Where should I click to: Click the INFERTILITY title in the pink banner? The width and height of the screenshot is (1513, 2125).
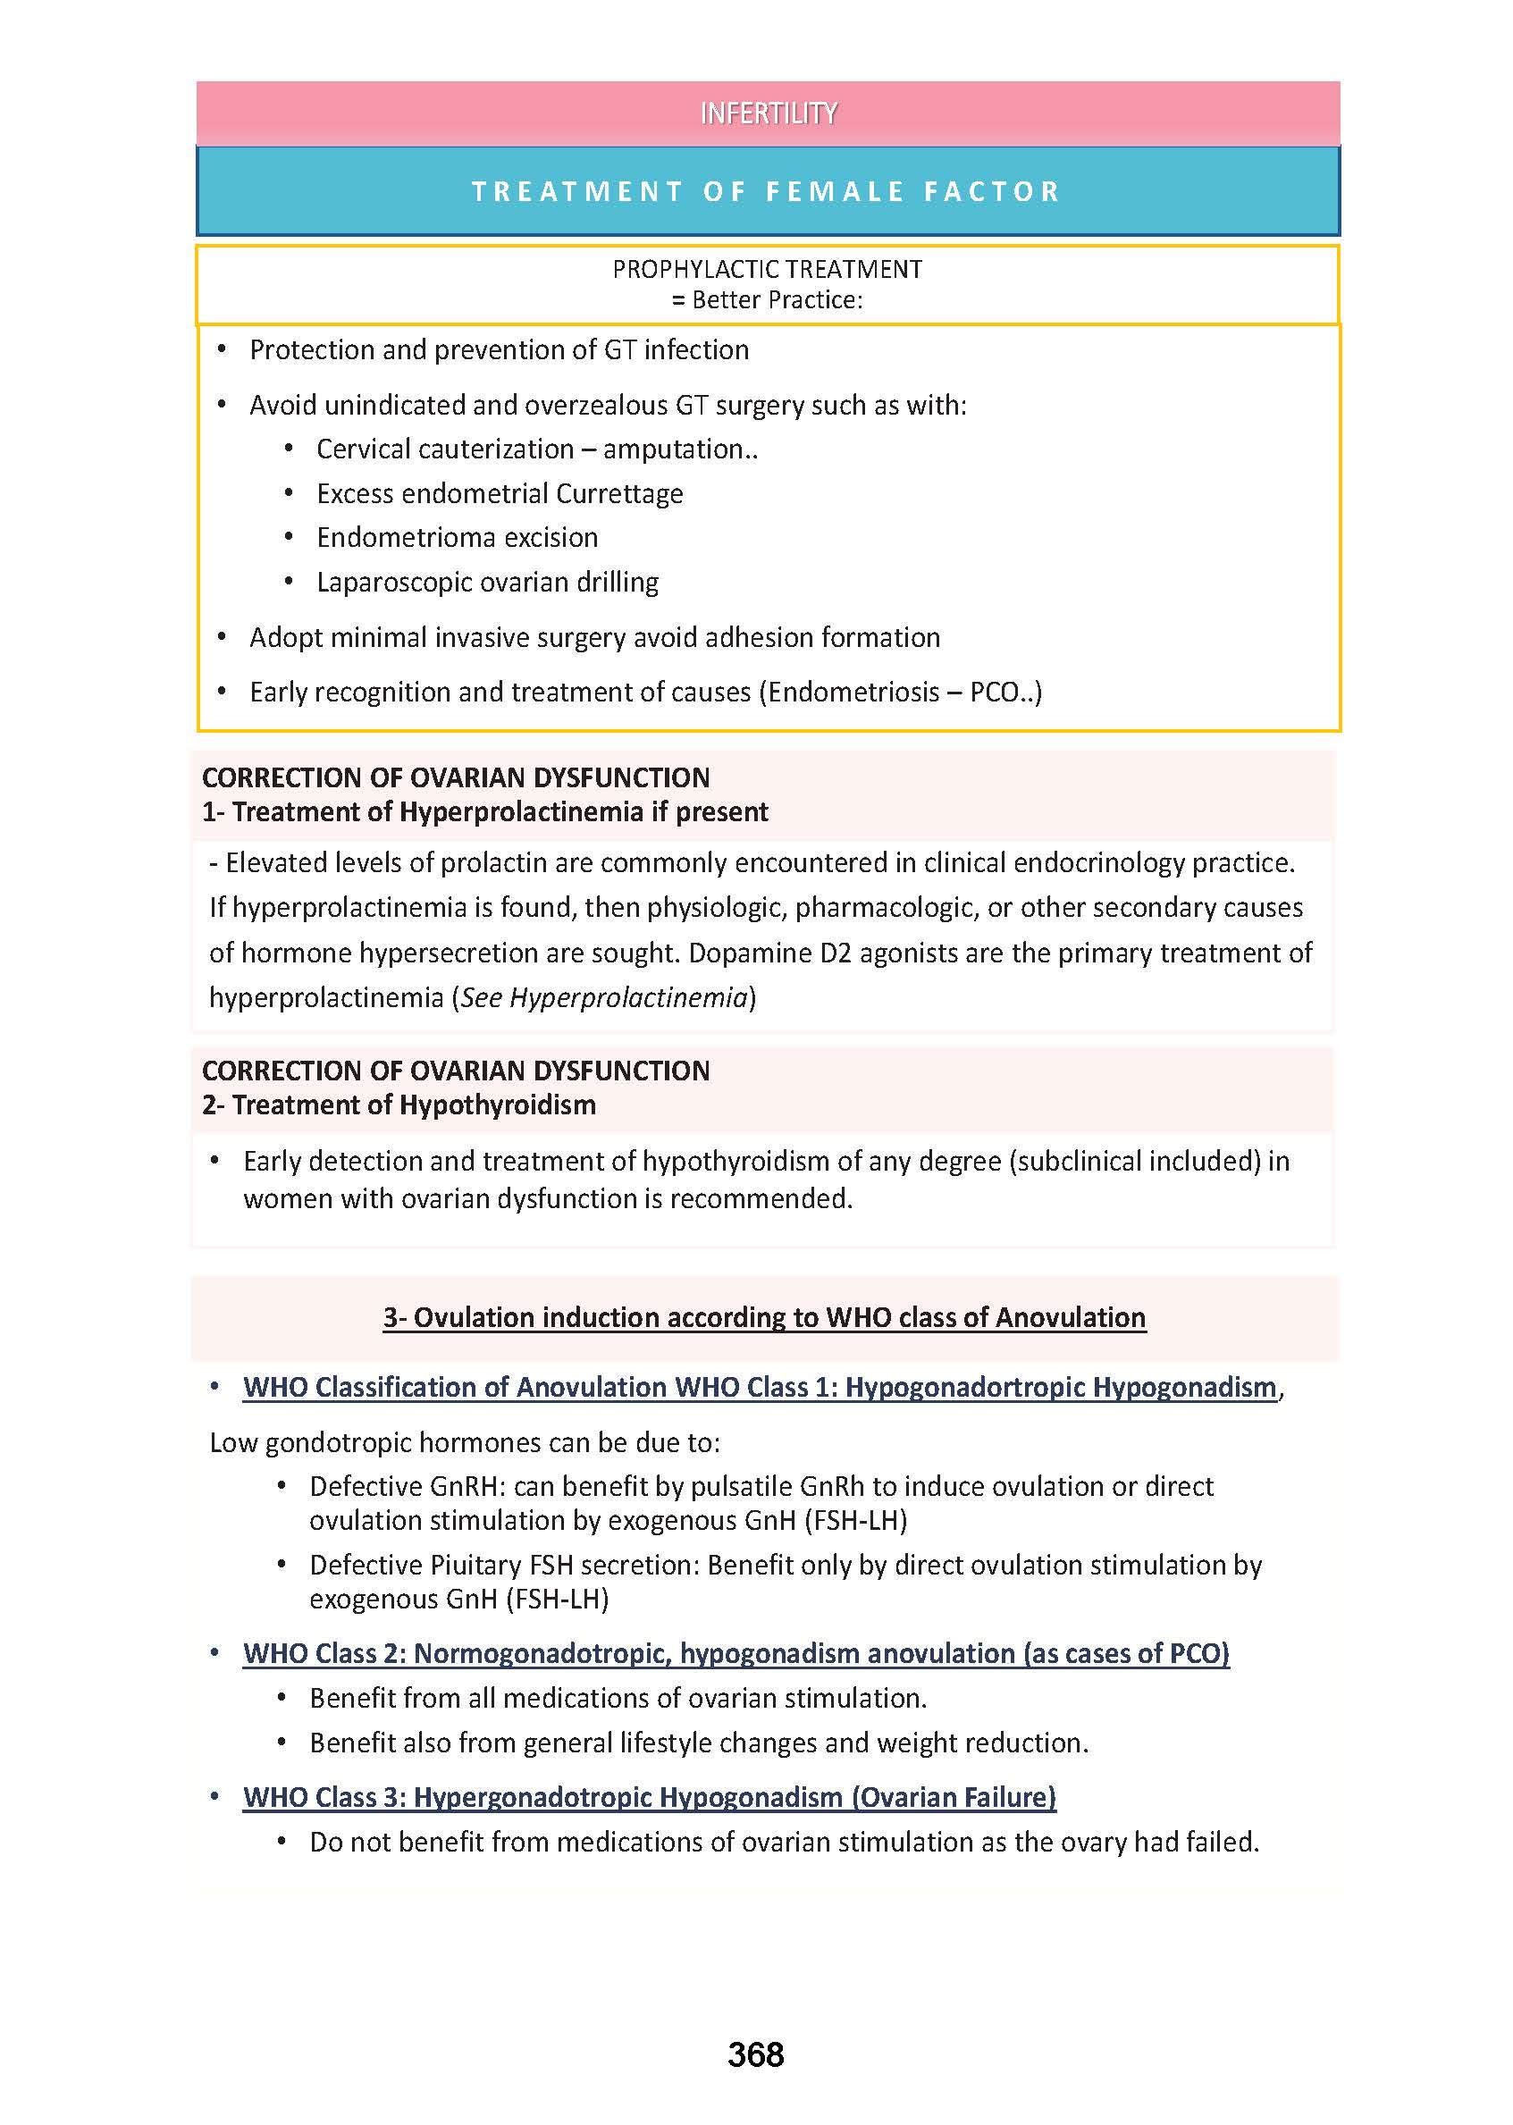coord(768,113)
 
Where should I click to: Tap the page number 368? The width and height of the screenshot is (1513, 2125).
coord(755,2054)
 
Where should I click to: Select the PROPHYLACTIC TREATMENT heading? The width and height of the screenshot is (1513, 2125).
coord(767,269)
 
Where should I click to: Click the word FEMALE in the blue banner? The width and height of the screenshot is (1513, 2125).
coord(835,192)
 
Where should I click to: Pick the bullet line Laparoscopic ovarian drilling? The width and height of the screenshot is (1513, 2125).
coord(487,583)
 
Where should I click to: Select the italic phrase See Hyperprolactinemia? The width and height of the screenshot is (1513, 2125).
coord(605,998)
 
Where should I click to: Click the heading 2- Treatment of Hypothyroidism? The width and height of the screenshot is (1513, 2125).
coord(399,1104)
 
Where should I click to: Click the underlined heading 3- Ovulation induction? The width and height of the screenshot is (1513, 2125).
coord(764,1317)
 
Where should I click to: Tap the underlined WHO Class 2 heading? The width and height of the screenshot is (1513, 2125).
coord(736,1653)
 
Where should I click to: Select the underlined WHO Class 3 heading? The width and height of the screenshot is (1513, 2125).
coord(650,1797)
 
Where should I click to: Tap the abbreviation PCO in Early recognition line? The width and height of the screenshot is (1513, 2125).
coord(993,693)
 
